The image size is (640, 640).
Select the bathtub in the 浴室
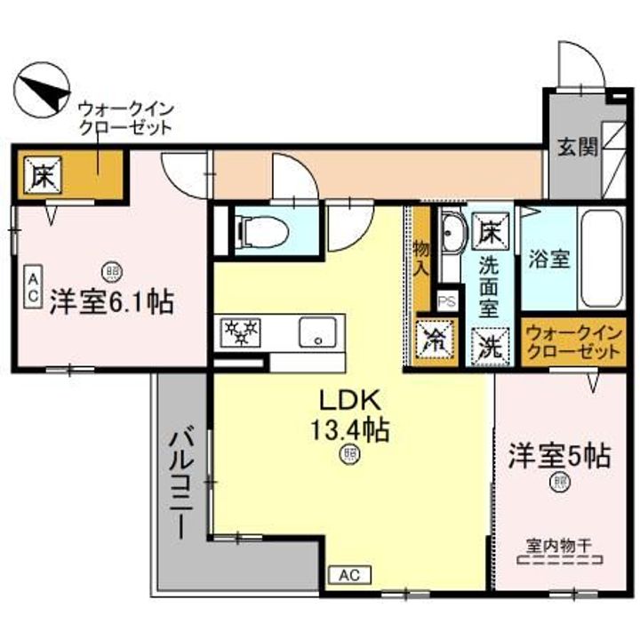604,260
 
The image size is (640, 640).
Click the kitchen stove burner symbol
239,333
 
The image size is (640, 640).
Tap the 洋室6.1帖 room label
110,302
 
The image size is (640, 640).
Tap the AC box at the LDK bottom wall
351,576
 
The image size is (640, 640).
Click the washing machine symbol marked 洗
487,344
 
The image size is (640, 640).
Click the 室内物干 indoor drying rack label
560,549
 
